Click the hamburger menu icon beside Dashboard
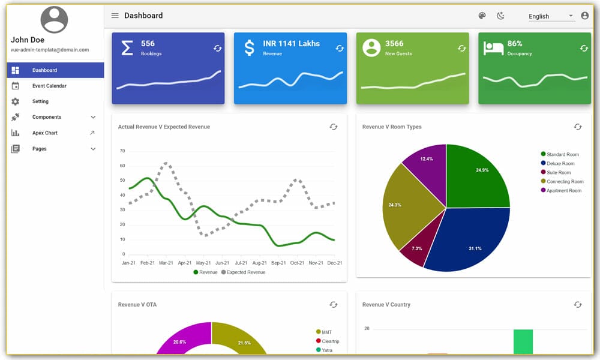115,16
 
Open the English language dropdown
550,16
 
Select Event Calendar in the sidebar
49,86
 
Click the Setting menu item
40,101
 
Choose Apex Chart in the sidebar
45,133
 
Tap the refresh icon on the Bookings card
218,48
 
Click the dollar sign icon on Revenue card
249,48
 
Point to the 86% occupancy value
515,43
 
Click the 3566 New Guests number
394,43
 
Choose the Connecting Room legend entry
565,182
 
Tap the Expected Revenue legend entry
245,272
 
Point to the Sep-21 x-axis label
278,263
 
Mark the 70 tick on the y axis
122,151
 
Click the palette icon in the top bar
482,16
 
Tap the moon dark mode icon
500,16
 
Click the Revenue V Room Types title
392,127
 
